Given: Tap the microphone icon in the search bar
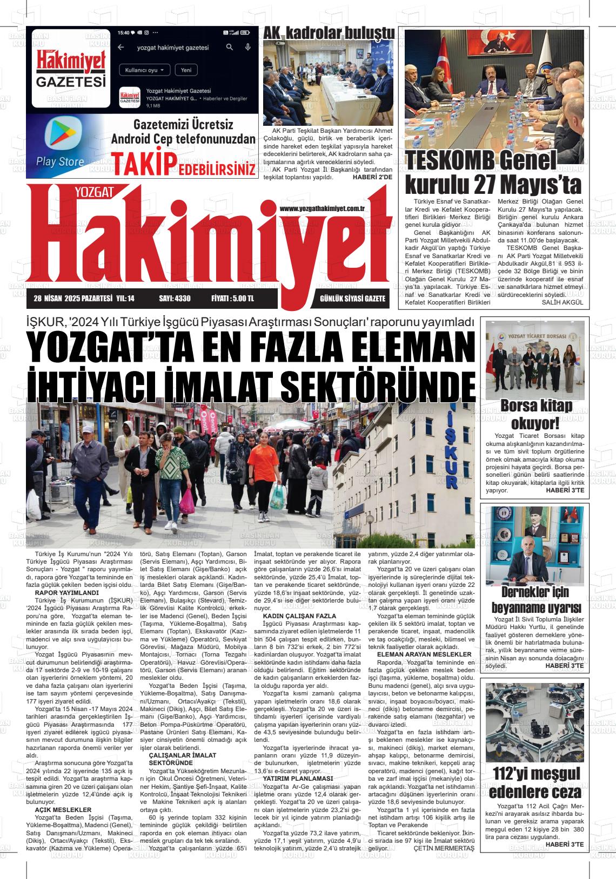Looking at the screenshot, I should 248,48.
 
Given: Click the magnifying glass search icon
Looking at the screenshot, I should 230,48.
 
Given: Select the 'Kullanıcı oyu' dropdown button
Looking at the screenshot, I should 144,70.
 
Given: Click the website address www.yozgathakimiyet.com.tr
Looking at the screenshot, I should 324,208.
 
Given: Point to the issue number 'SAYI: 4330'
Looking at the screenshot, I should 175,299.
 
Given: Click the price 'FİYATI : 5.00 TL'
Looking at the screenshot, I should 232,299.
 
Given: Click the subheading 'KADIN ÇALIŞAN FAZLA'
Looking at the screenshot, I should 299,616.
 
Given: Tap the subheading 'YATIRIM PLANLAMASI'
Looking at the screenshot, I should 297,779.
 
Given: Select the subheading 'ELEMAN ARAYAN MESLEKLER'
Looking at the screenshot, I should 424,654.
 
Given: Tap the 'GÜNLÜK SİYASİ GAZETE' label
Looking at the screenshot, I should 352,299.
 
